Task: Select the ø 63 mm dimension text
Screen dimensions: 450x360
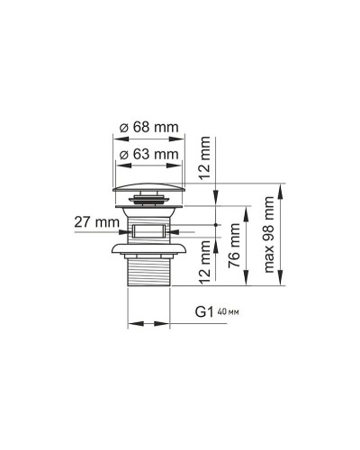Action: [150, 155]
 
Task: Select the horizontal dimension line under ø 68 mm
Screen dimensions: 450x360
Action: [150, 139]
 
